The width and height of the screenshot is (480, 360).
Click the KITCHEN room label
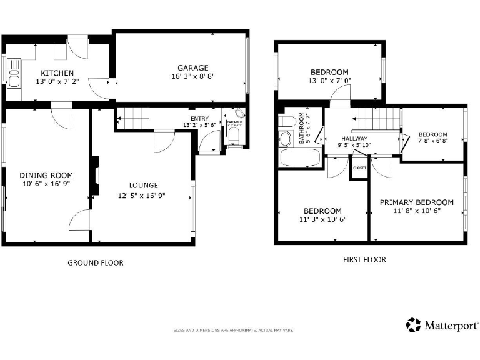57,73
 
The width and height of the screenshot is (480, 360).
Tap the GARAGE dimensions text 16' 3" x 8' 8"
192,77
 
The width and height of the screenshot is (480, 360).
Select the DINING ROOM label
46,175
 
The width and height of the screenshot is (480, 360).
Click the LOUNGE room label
143,185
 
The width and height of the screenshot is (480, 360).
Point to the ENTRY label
200,118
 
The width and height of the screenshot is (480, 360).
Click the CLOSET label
359,167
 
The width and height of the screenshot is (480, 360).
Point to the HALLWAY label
354,138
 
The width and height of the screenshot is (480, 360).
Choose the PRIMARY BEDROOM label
416,202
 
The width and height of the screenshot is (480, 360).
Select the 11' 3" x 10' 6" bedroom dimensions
322,219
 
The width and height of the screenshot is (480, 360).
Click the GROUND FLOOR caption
95,262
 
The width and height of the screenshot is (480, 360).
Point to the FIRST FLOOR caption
364,259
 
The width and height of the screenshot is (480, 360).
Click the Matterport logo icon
413,325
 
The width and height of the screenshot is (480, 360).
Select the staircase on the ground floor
134,116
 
